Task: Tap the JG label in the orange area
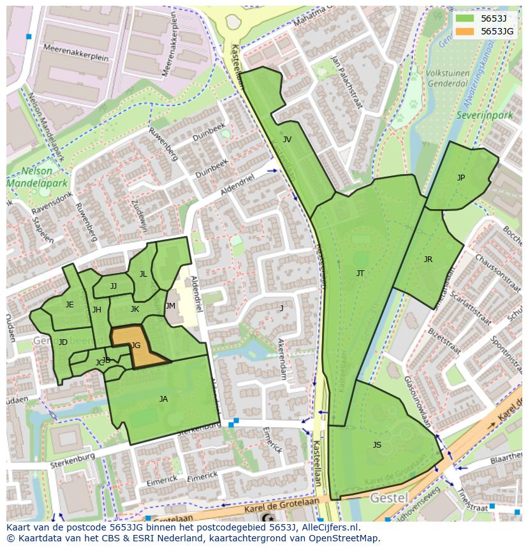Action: click(x=135, y=346)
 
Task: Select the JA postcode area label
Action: click(x=163, y=399)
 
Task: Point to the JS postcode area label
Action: click(x=377, y=445)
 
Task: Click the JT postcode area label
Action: click(x=360, y=274)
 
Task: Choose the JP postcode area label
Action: click(x=461, y=178)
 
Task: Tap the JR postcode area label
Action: click(x=428, y=260)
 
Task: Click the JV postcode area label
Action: click(x=287, y=140)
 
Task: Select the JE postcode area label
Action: click(x=70, y=305)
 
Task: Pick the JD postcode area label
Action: click(x=62, y=342)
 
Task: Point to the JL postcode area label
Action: click(x=143, y=274)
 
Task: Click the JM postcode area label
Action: click(x=170, y=306)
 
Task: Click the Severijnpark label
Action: click(x=475, y=115)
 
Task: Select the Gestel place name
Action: click(x=389, y=497)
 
